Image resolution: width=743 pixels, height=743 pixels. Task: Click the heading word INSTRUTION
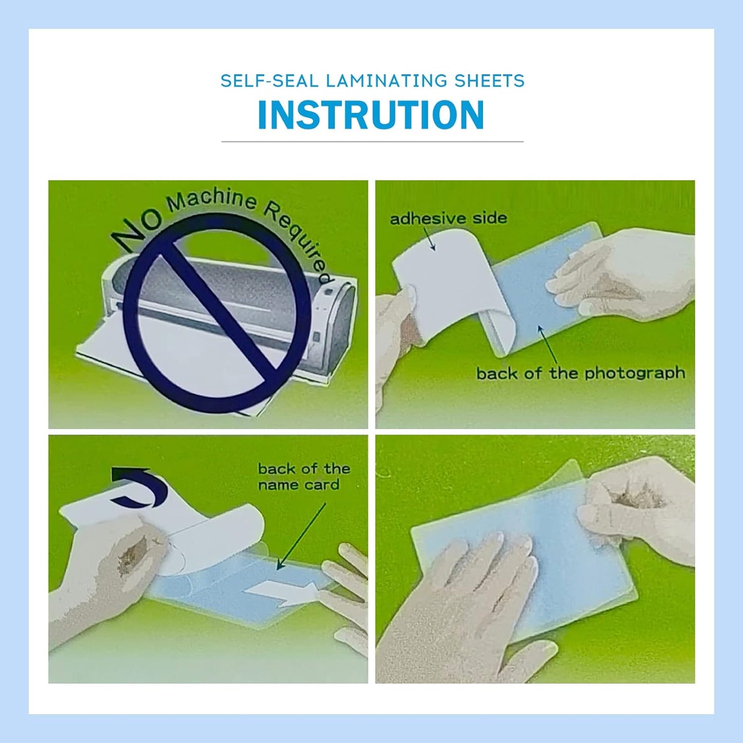click(371, 115)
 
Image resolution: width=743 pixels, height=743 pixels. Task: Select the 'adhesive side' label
click(448, 219)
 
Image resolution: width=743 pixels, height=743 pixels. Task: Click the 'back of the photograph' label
click(581, 373)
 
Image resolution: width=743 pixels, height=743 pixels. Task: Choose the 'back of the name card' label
click(303, 477)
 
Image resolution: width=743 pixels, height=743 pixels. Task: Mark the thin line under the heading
click(372, 141)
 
